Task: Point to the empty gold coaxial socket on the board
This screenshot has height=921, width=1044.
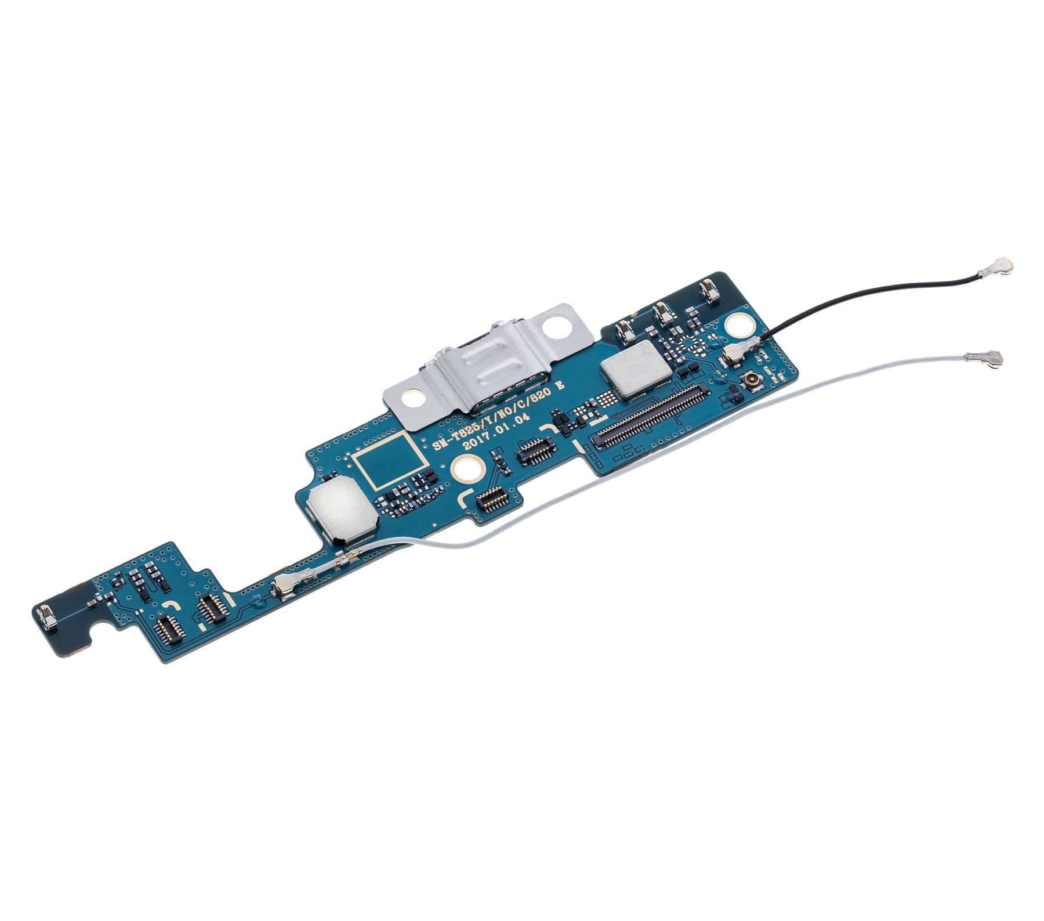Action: click(x=749, y=381)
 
